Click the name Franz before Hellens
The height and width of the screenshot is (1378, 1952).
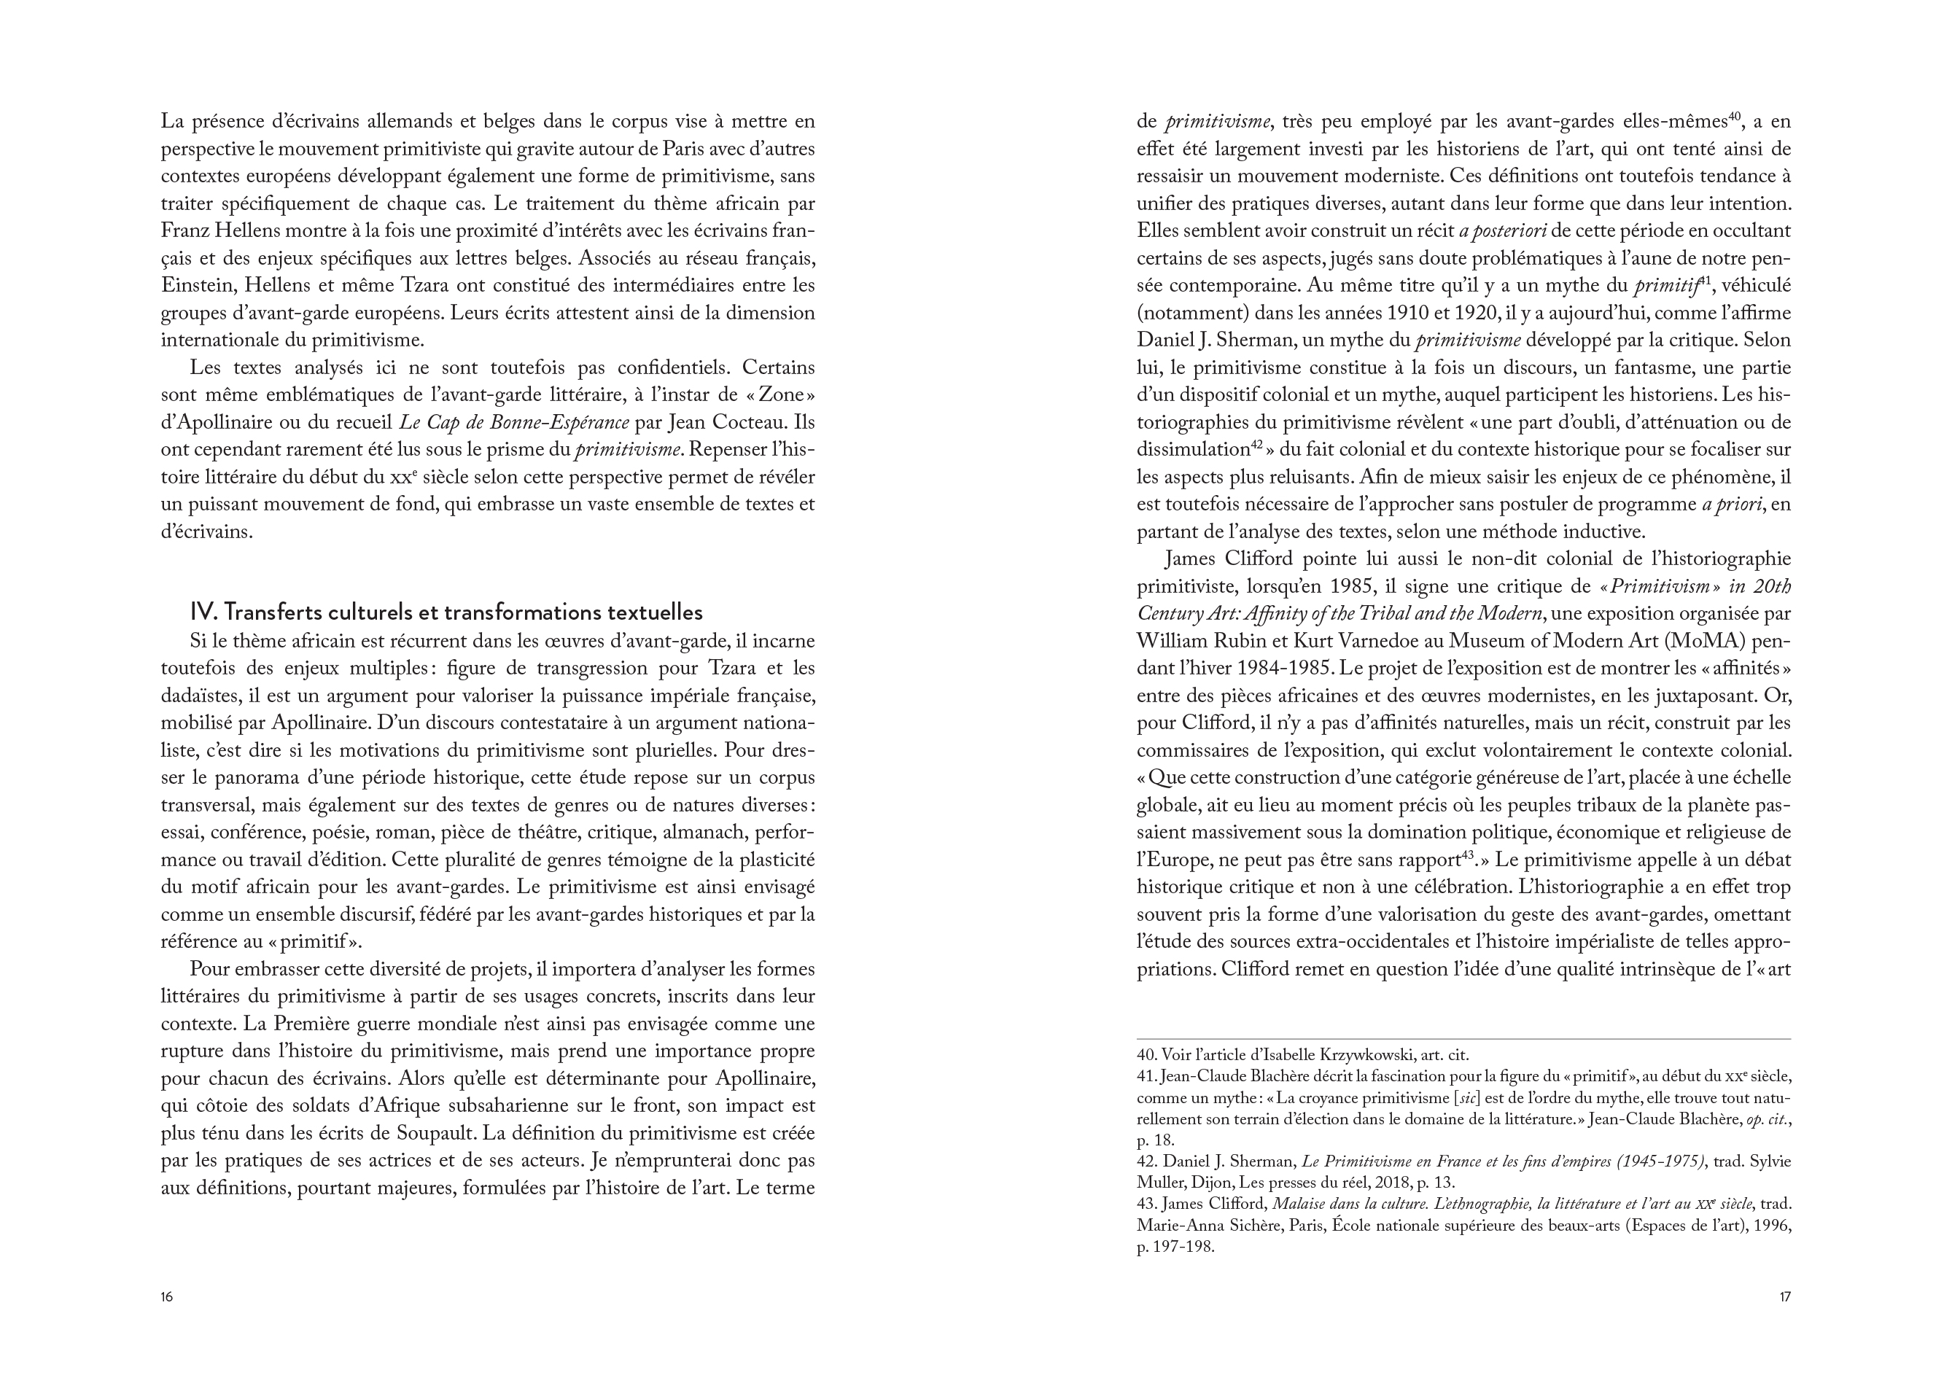point(184,231)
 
